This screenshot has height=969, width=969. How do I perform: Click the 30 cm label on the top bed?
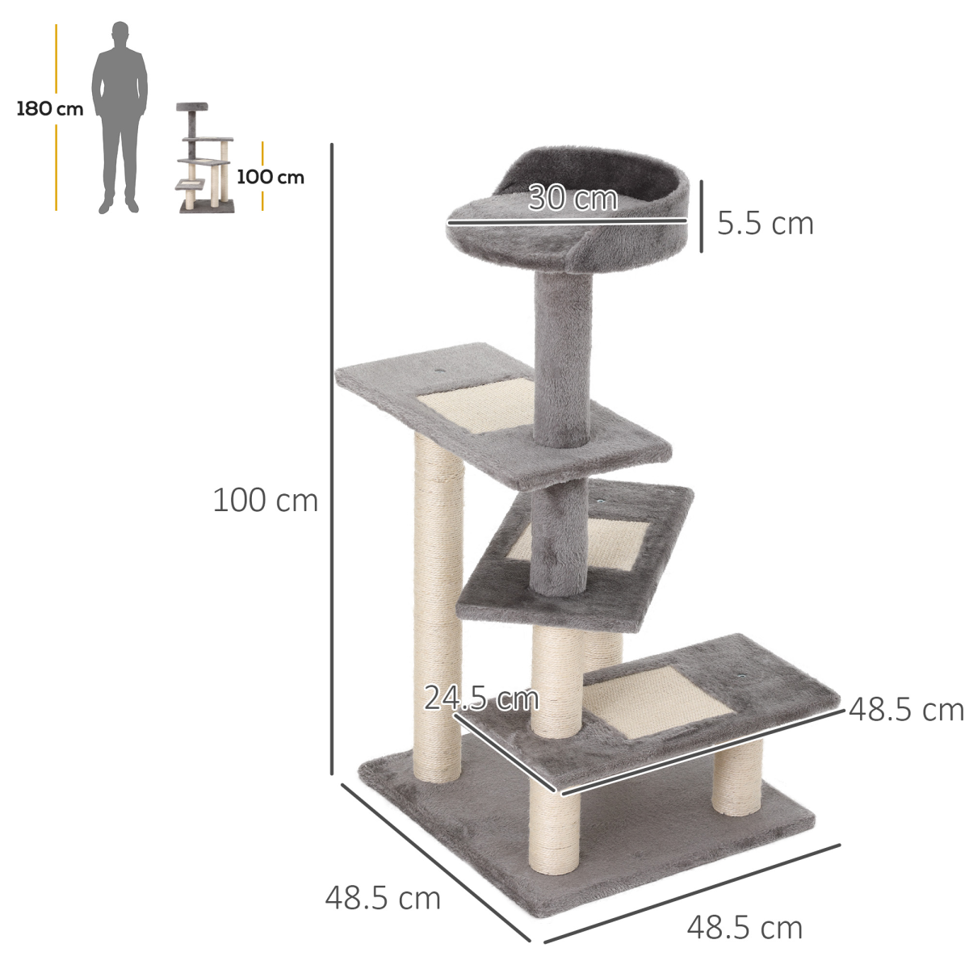(x=573, y=198)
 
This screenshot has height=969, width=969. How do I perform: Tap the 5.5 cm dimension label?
(x=765, y=224)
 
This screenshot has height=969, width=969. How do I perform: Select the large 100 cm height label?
(x=265, y=501)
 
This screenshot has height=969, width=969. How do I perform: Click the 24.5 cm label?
(x=481, y=698)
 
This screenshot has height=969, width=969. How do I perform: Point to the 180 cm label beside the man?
(x=50, y=109)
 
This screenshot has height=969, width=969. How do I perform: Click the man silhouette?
(x=120, y=117)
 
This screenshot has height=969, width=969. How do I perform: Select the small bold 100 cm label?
(x=271, y=177)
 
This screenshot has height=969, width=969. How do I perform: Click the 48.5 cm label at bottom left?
(x=383, y=898)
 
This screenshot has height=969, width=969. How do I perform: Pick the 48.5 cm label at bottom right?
(x=745, y=928)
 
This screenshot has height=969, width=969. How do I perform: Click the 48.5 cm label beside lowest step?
(x=906, y=710)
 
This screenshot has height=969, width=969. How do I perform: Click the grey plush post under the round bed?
(x=563, y=355)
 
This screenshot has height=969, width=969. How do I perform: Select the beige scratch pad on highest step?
(x=476, y=408)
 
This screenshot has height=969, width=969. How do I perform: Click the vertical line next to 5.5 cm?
(x=701, y=216)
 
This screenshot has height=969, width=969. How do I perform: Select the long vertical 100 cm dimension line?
(x=332, y=460)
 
